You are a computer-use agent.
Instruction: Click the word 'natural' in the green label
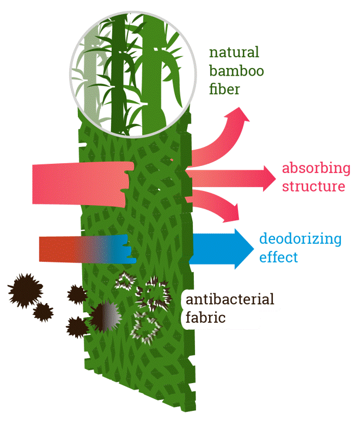[x=234, y=53]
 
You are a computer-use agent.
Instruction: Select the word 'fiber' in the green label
[x=224, y=89]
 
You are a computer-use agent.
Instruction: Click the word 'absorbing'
[x=316, y=168]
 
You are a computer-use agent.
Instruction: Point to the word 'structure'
[x=313, y=186]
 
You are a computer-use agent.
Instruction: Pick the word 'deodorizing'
[x=300, y=239]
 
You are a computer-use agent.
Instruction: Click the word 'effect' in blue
[x=279, y=257]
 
